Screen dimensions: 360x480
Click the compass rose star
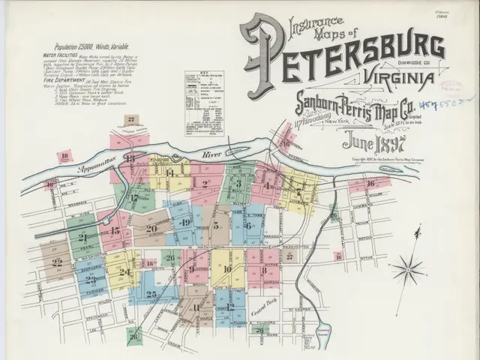point(409,265)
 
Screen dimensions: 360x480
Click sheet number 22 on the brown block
point(57,263)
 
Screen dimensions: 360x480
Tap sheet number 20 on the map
point(151,229)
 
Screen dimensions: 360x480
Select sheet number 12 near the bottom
point(230,306)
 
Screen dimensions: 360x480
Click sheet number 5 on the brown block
point(215,224)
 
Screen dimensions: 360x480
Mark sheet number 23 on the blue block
point(91,279)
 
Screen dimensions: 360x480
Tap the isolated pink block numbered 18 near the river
point(66,157)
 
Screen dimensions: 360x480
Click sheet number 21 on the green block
point(82,236)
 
